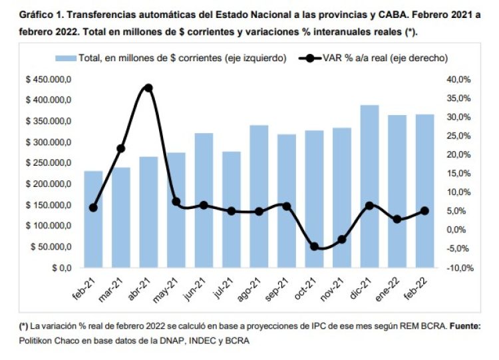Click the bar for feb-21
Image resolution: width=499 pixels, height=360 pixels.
tap(93, 220)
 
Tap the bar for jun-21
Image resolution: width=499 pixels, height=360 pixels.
tap(204, 200)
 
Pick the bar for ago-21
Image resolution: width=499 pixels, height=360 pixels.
tap(259, 196)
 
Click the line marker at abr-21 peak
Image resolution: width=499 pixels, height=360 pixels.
tap(148, 88)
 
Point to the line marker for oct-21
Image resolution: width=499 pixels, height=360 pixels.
tap(314, 246)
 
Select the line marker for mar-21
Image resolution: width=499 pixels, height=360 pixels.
tap(120, 148)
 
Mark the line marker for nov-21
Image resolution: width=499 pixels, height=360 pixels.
tap(342, 240)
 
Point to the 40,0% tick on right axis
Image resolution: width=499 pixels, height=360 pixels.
tap(458, 79)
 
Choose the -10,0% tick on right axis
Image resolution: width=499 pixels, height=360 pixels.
tap(457, 268)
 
